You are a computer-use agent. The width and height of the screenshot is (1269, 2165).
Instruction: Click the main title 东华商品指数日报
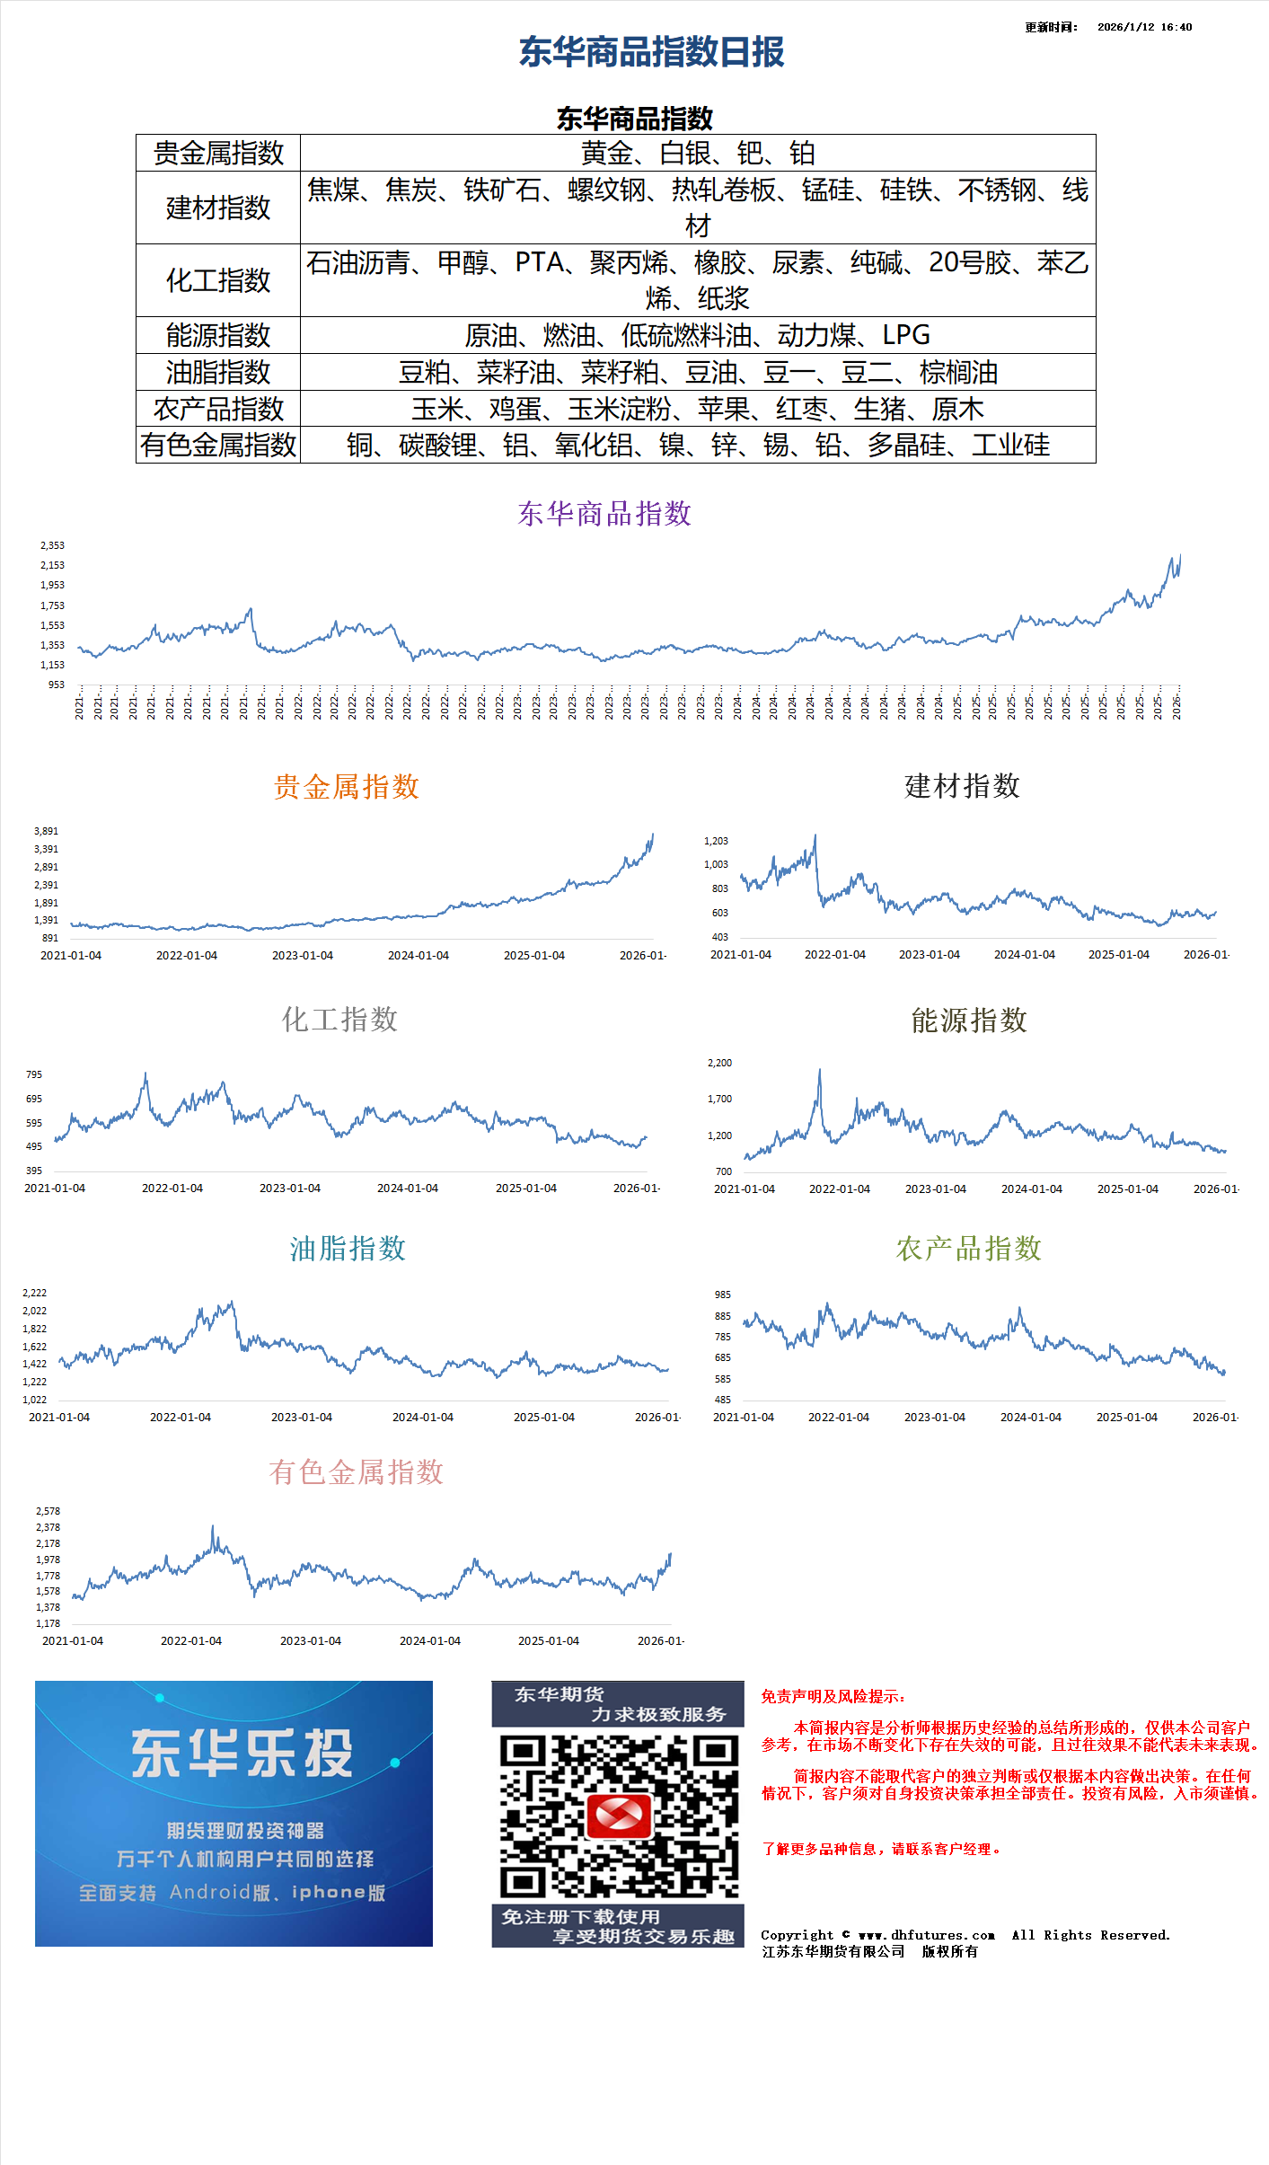click(x=651, y=52)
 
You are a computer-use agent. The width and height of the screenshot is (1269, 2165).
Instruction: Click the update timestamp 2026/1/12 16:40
click(x=1144, y=27)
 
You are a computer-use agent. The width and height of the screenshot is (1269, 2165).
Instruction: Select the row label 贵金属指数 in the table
click(x=218, y=154)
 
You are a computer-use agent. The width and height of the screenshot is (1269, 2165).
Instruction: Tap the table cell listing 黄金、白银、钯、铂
click(x=698, y=154)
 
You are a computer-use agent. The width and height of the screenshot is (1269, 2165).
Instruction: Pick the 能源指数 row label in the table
click(x=218, y=335)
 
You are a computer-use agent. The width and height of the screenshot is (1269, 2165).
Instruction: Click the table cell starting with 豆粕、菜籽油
click(x=698, y=372)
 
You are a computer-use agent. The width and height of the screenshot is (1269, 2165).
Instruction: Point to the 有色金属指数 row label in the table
click(x=218, y=445)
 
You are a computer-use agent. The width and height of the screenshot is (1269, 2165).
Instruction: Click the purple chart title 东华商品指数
click(x=604, y=514)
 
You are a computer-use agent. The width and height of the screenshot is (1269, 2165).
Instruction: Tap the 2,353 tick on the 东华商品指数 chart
click(x=52, y=545)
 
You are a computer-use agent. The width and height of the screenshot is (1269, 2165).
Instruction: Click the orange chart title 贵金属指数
click(x=347, y=787)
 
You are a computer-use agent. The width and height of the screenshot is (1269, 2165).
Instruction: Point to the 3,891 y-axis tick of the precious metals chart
click(x=46, y=831)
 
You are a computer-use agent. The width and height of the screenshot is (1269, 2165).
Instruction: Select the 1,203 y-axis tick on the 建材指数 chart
click(x=716, y=841)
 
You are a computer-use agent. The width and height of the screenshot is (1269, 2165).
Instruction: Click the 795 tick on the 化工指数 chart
click(x=34, y=1074)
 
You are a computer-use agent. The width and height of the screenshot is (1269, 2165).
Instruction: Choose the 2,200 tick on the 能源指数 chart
click(x=719, y=1063)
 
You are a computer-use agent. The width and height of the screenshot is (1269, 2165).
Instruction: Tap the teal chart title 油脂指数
click(x=348, y=1249)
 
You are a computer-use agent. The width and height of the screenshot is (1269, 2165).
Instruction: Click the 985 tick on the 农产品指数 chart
click(x=723, y=1295)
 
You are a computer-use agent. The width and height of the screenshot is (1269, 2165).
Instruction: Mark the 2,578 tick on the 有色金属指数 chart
click(x=48, y=1511)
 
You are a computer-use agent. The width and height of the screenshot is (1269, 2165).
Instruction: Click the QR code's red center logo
click(x=619, y=1816)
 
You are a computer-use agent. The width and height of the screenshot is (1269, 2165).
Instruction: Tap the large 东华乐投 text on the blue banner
click(x=242, y=1753)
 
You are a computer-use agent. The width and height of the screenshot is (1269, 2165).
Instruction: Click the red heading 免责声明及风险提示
click(x=833, y=1696)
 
